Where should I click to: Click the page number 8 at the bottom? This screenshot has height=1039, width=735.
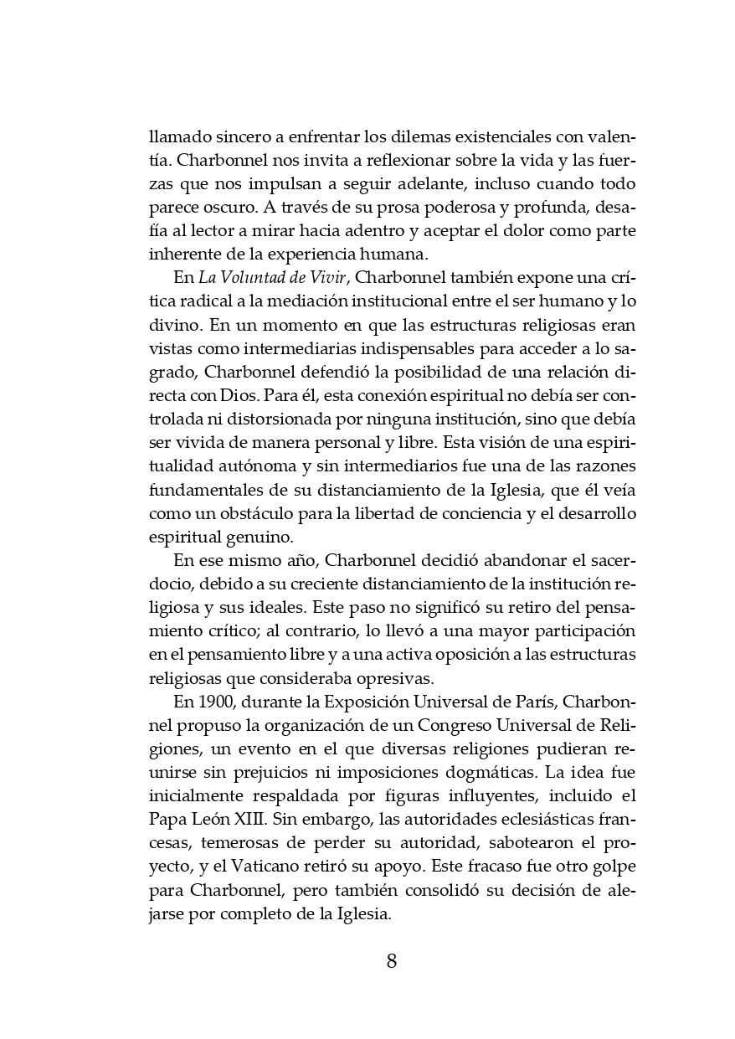click(x=391, y=960)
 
